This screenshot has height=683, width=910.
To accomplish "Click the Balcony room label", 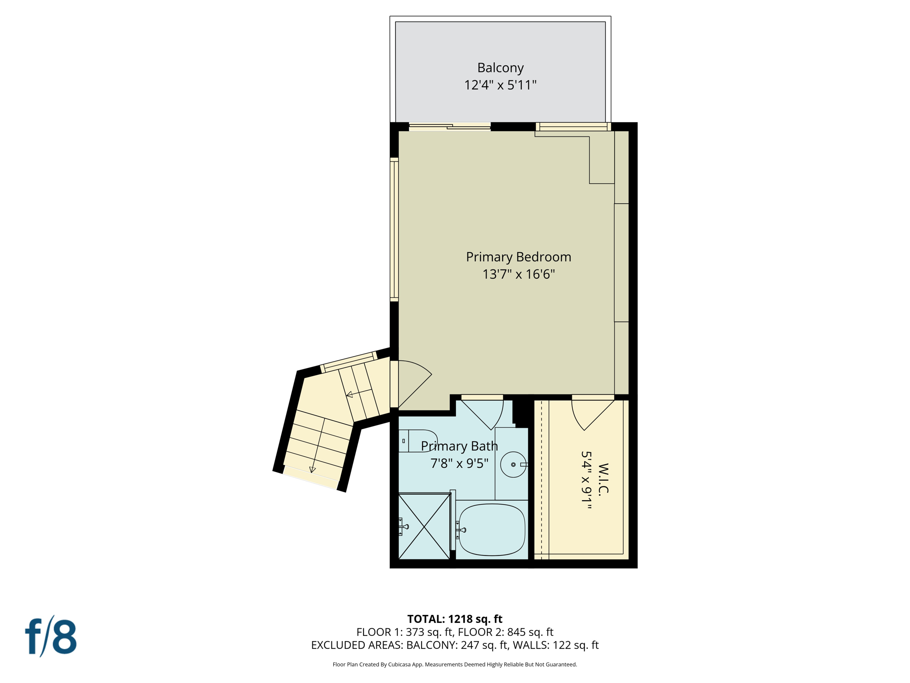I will [x=500, y=68].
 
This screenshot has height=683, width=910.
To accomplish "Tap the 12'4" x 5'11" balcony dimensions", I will [x=500, y=85].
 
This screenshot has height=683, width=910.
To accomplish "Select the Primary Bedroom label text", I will [x=518, y=257].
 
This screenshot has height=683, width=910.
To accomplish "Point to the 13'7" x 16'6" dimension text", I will [x=518, y=274].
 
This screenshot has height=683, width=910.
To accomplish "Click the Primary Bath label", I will [x=459, y=446].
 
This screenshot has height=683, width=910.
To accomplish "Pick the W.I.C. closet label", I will [x=603, y=479].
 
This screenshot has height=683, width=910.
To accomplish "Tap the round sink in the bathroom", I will [x=513, y=465].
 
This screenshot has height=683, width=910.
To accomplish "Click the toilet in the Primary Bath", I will [x=418, y=441].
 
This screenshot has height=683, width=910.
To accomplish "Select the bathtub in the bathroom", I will [x=491, y=530].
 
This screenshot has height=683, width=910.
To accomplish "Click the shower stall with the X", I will [x=424, y=526].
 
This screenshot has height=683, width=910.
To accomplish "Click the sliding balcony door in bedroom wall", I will [x=449, y=127].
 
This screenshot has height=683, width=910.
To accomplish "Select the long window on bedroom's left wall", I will [x=394, y=229].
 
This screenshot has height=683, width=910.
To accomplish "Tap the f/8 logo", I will [x=51, y=636].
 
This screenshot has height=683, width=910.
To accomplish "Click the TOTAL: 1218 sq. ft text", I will [x=455, y=619].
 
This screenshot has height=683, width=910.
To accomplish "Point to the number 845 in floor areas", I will [x=517, y=632].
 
